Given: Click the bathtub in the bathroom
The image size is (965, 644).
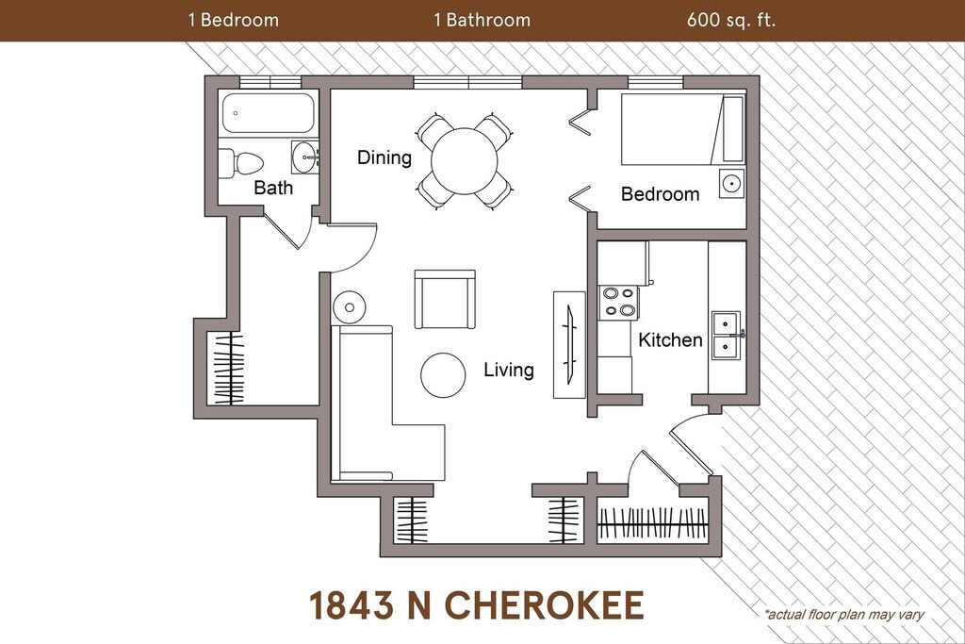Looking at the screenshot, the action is (269, 112).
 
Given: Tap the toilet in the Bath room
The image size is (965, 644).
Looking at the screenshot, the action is (240, 163).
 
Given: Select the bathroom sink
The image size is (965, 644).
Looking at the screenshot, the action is (304, 157).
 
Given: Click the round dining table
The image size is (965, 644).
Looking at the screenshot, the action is (464, 161).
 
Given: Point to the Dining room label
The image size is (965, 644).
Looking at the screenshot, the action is (384, 157).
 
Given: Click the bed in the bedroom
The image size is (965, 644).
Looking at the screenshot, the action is (682, 129).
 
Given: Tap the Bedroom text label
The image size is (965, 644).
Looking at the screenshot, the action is (661, 194).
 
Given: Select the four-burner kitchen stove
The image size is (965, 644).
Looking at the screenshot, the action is (619, 303).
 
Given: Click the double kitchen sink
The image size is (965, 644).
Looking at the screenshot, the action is (728, 335).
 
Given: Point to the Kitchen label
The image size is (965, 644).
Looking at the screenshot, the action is (670, 339).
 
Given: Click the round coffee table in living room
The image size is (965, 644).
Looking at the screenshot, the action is (443, 375).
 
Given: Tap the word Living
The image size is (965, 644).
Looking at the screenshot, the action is (509, 370).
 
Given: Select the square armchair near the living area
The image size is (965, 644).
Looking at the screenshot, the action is (445, 299).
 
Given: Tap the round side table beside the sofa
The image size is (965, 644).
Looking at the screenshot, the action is (349, 306).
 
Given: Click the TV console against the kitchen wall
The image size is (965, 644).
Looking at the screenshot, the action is (569, 345).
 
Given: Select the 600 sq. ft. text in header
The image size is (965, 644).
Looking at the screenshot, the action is (731, 20).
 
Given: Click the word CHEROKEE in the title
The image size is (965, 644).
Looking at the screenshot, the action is (544, 604).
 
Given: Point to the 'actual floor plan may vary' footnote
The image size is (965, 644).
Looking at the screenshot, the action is (843, 614).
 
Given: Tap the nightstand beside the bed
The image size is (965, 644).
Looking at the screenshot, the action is (731, 183).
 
